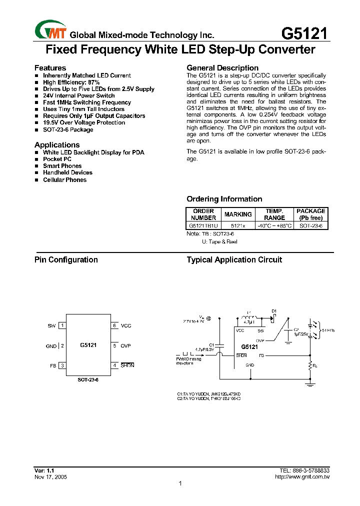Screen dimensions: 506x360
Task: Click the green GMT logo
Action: point(49,29)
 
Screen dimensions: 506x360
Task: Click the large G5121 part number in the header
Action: point(304,33)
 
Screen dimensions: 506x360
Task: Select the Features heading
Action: point(50,68)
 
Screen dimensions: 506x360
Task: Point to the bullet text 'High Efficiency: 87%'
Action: point(71,82)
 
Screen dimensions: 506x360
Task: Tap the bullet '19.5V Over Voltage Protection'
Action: point(84,122)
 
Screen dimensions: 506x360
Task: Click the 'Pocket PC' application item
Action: point(57,159)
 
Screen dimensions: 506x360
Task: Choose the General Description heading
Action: point(222,68)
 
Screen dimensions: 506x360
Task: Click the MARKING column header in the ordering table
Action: point(238,214)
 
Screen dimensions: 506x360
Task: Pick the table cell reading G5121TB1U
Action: point(203,225)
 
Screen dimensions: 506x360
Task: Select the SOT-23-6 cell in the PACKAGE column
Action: point(310,225)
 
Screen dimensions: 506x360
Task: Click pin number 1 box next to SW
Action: point(62,325)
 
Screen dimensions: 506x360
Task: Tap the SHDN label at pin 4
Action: point(127,365)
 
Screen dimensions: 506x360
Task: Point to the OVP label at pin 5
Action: point(125,345)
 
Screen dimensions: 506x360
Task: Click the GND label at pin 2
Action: point(51,345)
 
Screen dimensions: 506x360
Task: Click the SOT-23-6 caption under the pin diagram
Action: point(88,380)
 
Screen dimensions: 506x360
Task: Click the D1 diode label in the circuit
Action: point(274,311)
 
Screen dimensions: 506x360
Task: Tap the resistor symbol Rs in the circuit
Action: point(310,365)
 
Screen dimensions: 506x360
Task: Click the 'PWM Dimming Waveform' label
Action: point(188,361)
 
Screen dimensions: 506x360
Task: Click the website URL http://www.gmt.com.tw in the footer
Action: point(302,477)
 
